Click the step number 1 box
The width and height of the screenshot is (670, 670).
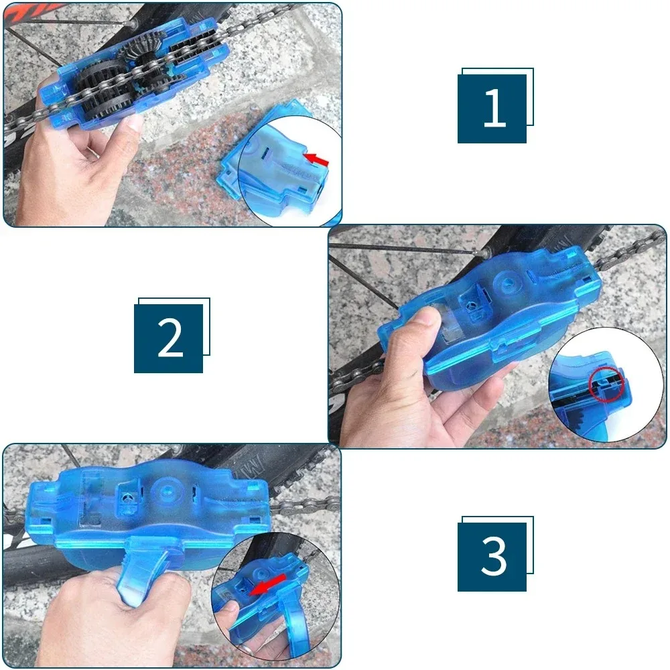[492, 109]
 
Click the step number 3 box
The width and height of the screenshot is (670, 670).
[492, 557]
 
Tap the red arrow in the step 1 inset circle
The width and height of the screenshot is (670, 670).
[317, 159]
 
